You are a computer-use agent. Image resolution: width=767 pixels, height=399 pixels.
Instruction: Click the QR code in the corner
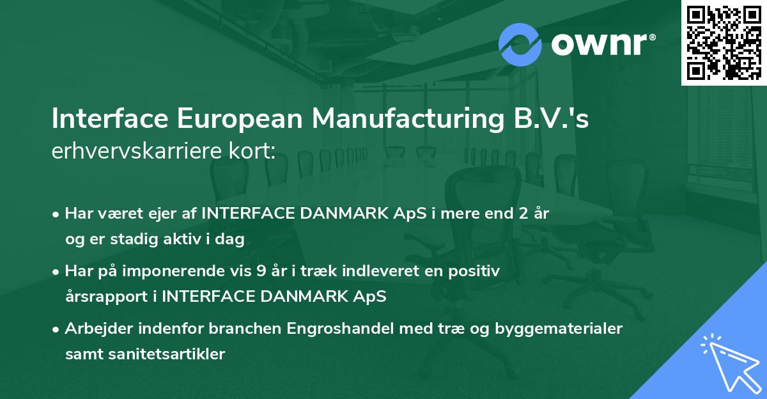(x=724, y=43)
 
